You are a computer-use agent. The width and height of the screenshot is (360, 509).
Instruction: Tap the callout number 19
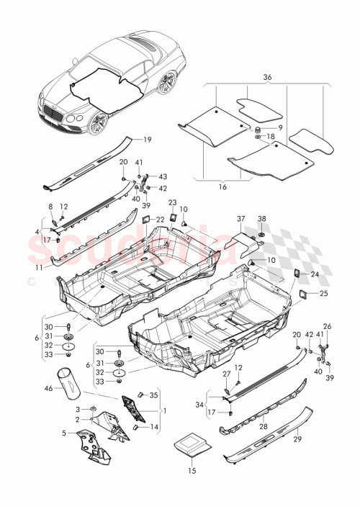147,140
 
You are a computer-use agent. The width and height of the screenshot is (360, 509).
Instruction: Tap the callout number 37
241,218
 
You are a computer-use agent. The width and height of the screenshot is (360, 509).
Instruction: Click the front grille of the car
53,111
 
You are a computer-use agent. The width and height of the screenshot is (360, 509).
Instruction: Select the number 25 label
322,293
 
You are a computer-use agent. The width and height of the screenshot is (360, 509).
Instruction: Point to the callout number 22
160,219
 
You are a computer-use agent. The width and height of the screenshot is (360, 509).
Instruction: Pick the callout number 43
162,177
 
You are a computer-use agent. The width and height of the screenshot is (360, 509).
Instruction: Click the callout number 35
153,395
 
